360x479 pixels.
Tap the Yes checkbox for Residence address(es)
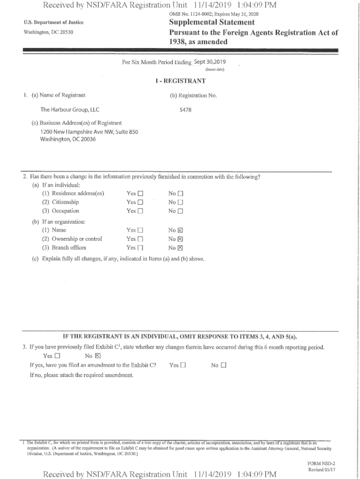point(140,194)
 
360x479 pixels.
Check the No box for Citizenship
point(181,202)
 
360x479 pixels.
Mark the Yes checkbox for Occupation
point(140,211)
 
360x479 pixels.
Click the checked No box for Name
point(181,230)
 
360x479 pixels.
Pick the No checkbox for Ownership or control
point(181,239)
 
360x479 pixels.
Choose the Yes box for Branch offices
point(140,248)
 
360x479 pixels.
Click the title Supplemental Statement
point(212,22)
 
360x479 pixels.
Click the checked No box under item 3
point(98,356)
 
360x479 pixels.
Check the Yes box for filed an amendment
point(183,365)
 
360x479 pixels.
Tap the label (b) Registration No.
point(194,95)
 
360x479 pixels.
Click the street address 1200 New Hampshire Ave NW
point(89,132)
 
